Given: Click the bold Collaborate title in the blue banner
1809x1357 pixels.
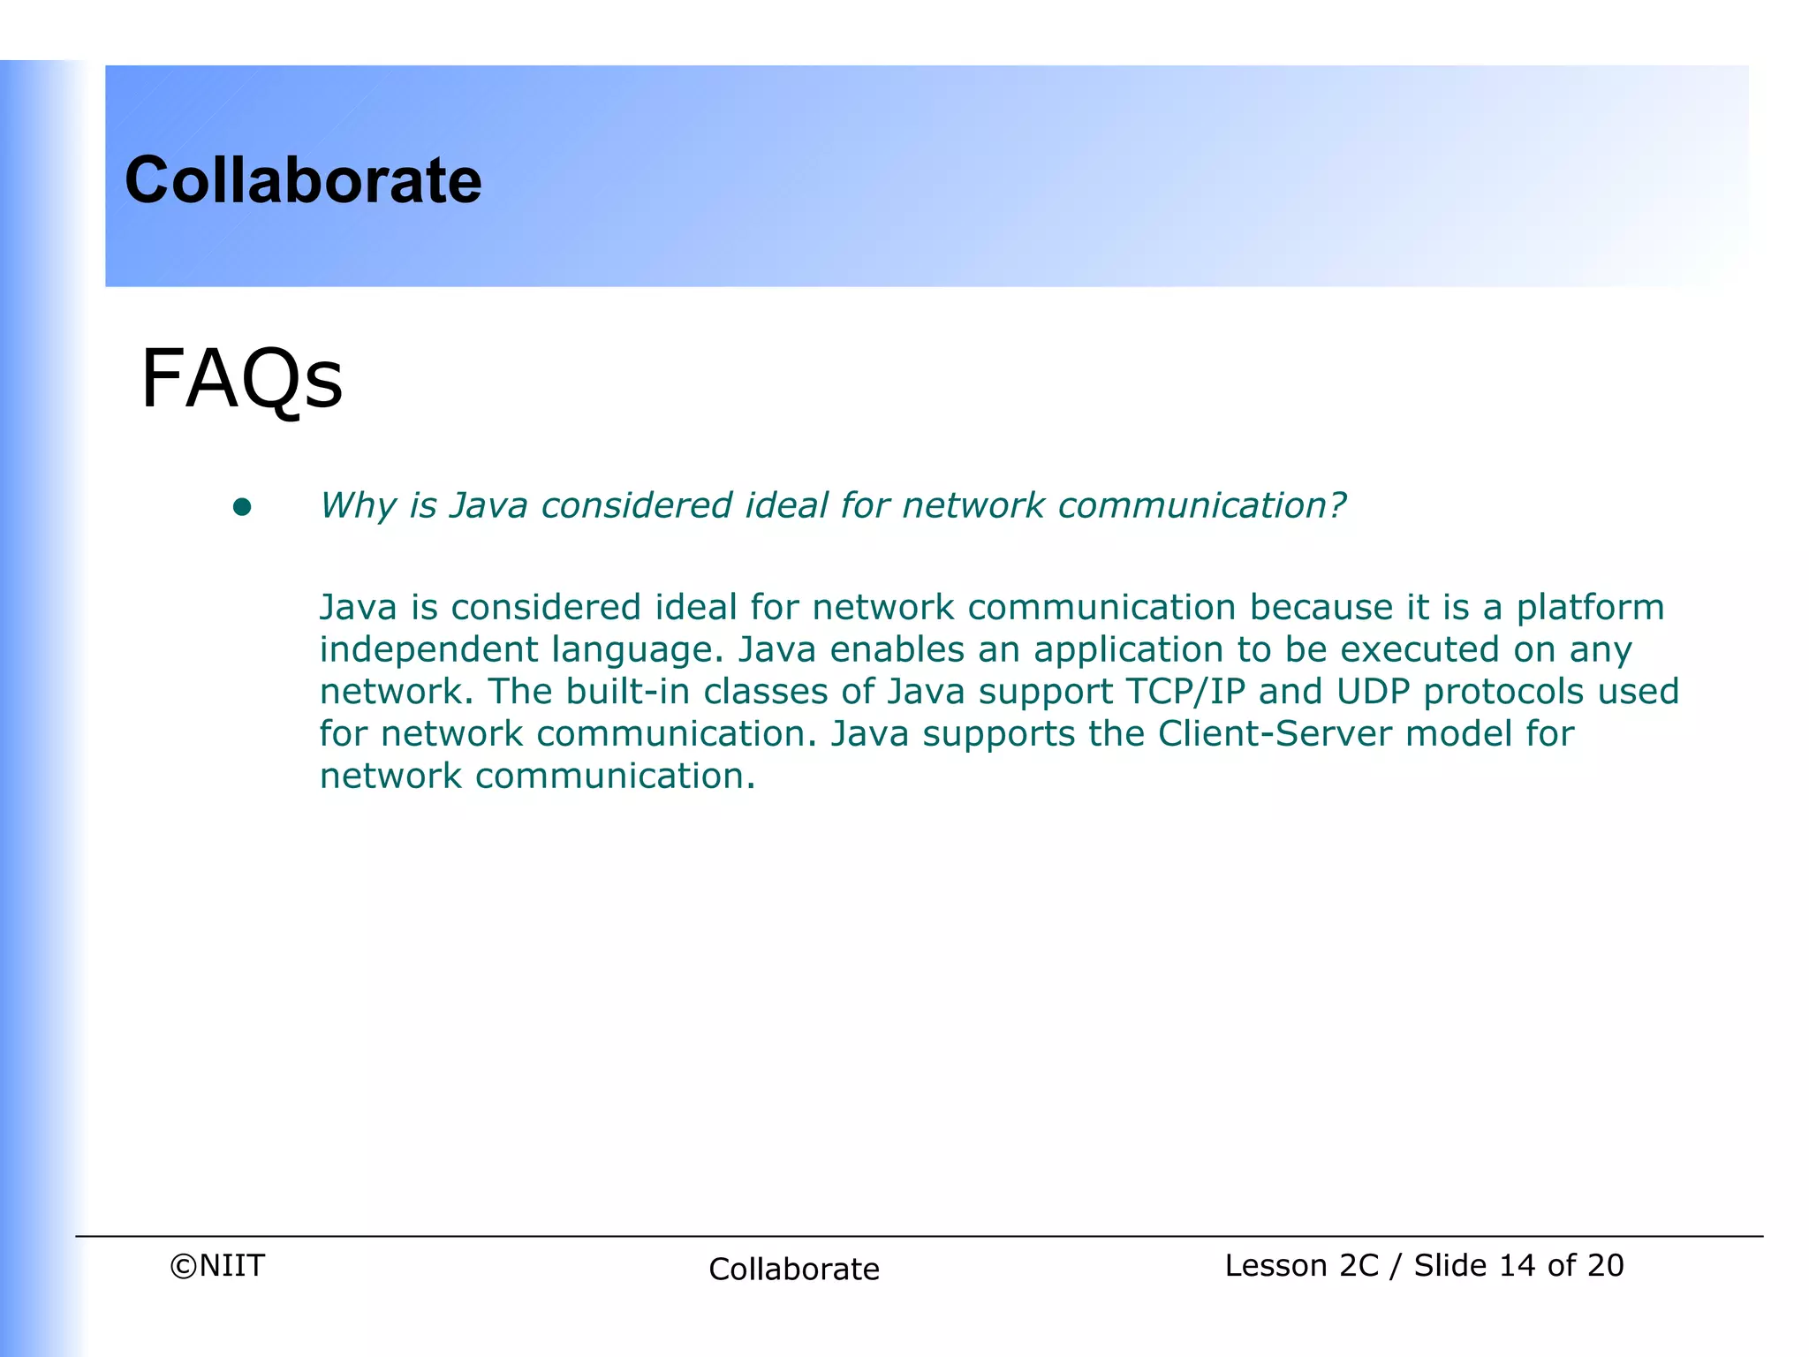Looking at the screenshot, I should tap(303, 180).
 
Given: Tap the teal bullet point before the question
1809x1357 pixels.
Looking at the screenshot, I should tap(242, 507).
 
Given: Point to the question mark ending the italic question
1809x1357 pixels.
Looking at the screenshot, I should tap(1336, 505).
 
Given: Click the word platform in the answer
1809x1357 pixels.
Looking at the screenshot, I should tap(1590, 608).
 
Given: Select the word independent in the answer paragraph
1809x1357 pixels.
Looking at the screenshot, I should tap(428, 650).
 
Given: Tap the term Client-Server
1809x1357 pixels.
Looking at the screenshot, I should tap(1275, 734).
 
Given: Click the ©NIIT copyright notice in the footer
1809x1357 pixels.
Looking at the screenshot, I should tap(217, 1266).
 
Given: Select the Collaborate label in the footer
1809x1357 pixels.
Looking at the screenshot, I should tap(794, 1270).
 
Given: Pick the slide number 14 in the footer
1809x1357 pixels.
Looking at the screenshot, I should tap(1517, 1266).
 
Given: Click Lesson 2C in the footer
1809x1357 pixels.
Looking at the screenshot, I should tap(1301, 1266).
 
